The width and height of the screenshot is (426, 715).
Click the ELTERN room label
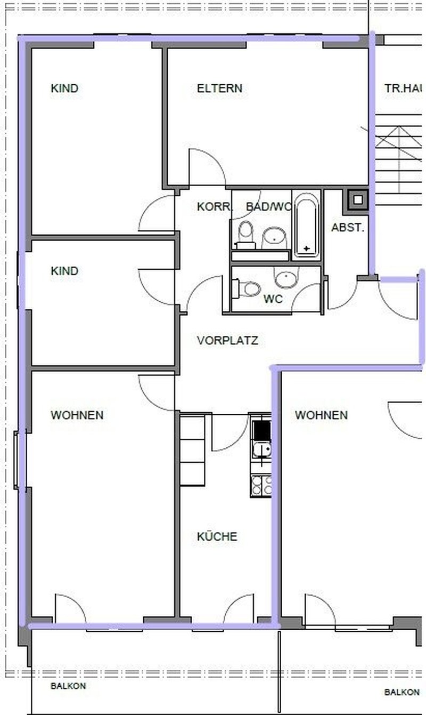pyautogui.click(x=219, y=89)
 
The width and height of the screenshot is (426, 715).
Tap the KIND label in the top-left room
pyautogui.click(x=64, y=89)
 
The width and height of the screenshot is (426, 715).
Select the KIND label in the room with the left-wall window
pyautogui.click(x=64, y=271)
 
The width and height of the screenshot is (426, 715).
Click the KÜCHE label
pyautogui.click(x=217, y=537)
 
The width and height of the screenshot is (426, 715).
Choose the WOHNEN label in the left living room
pyautogui.click(x=77, y=415)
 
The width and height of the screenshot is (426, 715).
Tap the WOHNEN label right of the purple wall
pyautogui.click(x=321, y=415)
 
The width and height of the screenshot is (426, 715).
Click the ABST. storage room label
pyautogui.click(x=348, y=228)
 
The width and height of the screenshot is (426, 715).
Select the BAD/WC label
pyautogui.click(x=268, y=207)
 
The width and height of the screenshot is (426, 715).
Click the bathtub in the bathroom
pyautogui.click(x=306, y=227)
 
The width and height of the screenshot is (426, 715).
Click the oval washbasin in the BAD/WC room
pyautogui.click(x=275, y=237)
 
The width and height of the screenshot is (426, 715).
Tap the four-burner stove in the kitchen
pyautogui.click(x=261, y=485)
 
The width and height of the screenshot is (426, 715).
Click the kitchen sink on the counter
pyautogui.click(x=261, y=450)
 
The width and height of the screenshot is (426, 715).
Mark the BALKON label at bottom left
pyautogui.click(x=68, y=686)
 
